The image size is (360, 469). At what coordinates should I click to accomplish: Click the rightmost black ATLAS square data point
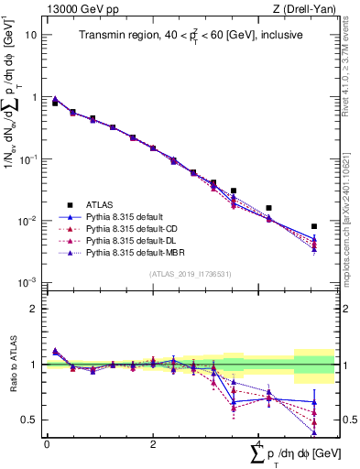coord(314,226)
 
